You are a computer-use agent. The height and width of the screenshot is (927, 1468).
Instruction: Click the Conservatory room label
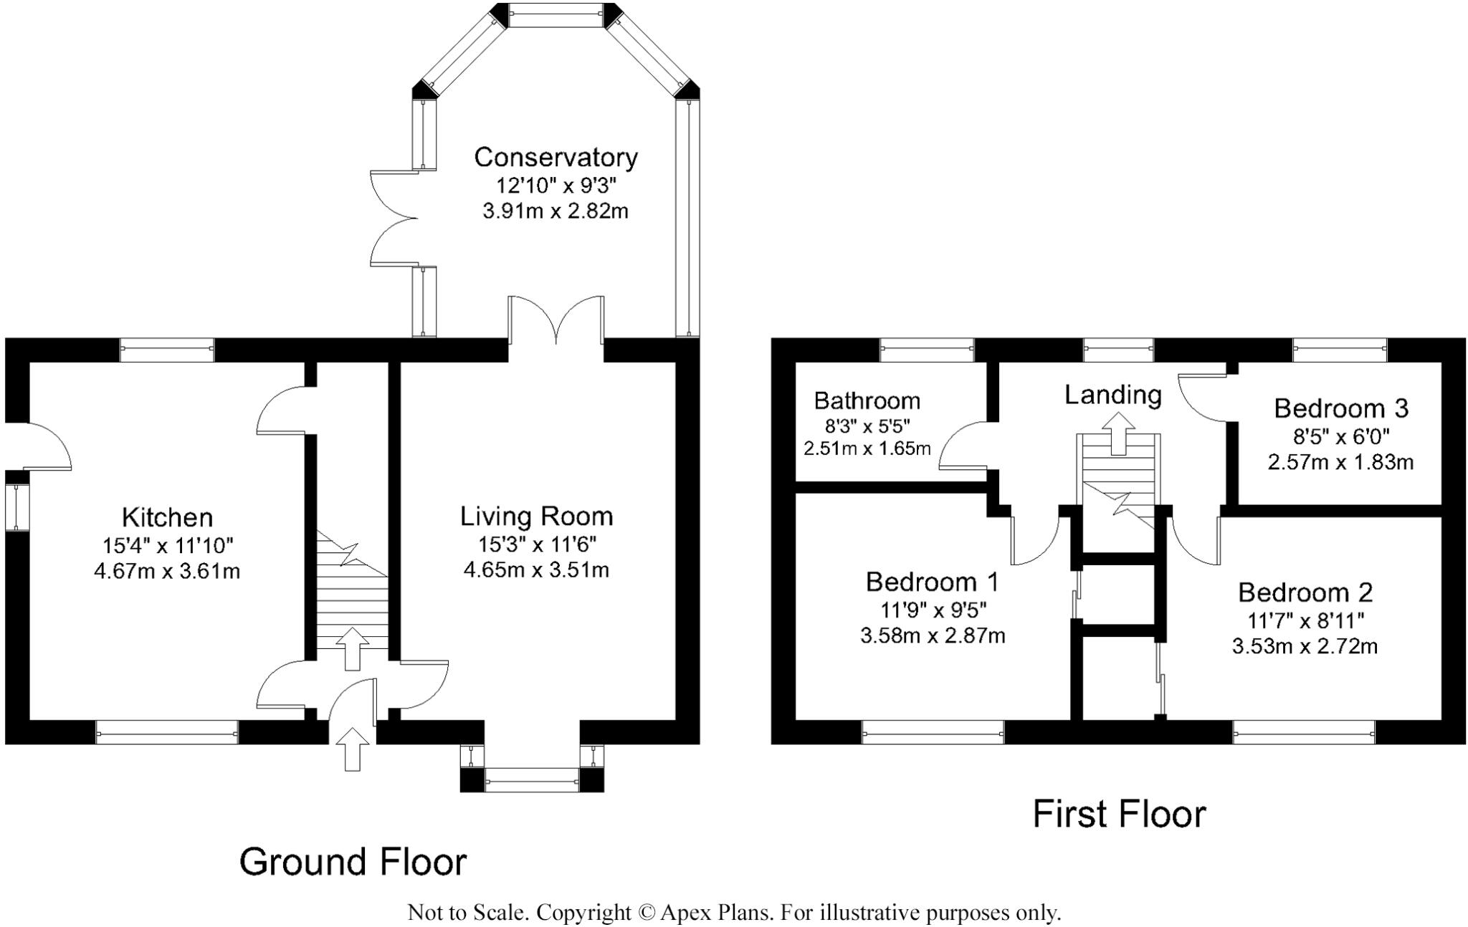(556, 157)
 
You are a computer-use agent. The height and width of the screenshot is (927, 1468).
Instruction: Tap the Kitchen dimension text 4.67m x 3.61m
(166, 572)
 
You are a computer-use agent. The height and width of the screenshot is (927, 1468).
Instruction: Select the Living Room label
(536, 516)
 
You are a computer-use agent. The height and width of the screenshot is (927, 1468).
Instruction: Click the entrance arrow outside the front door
(351, 749)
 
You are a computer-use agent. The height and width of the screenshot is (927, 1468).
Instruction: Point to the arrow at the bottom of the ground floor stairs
(351, 648)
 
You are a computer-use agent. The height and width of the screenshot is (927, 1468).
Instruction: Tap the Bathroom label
(867, 400)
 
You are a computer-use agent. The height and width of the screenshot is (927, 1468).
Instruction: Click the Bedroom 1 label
(932, 582)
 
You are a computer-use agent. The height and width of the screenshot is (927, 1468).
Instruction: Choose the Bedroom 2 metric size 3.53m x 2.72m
(1305, 646)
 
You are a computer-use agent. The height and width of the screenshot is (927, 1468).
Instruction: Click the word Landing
(1112, 394)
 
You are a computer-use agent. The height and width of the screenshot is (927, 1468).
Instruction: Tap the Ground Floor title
(353, 861)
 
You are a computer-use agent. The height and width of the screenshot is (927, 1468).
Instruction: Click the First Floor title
(1119, 815)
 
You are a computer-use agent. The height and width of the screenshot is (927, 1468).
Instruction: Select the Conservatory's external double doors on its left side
(393, 218)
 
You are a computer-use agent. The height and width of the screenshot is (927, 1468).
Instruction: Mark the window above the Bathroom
(927, 350)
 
